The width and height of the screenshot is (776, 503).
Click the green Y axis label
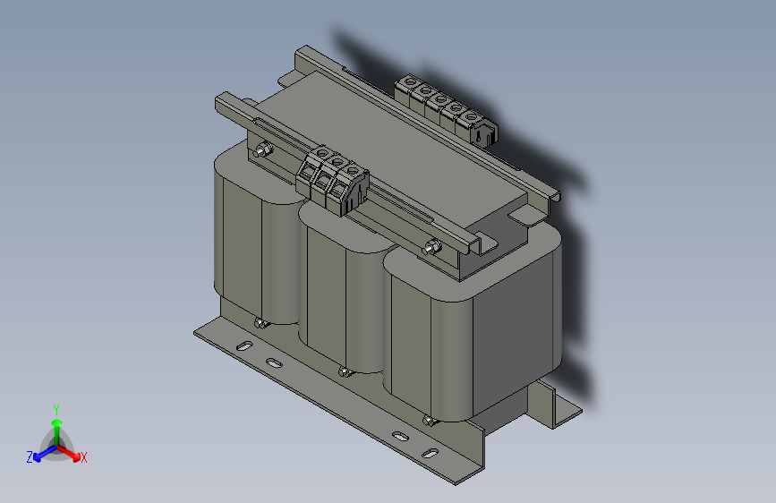[x=55, y=408]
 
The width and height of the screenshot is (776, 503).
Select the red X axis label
[x=84, y=457]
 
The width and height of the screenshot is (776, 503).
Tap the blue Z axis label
[x=30, y=456]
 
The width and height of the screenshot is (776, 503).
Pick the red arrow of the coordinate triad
[x=72, y=452]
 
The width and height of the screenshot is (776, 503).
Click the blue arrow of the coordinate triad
[x=40, y=454]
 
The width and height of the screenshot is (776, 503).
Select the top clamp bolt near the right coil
[x=434, y=247]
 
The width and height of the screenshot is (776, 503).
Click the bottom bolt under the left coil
[x=260, y=323]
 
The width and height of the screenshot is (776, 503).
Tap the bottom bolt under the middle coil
[x=343, y=371]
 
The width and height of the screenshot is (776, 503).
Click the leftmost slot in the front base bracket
[x=241, y=345]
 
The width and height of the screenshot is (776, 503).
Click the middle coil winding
[x=345, y=295]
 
